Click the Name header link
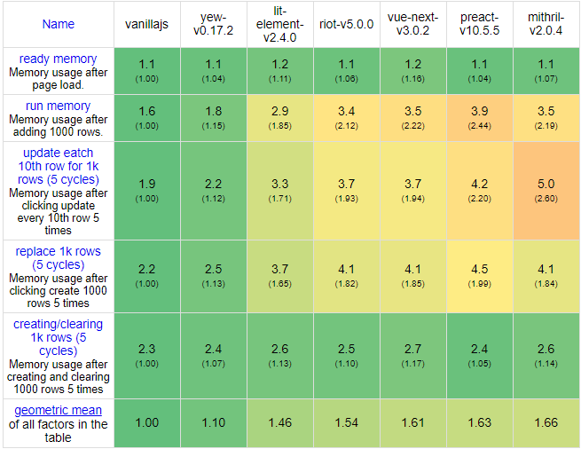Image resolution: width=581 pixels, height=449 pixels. tap(59, 24)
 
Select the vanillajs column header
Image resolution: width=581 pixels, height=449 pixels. tap(148, 24)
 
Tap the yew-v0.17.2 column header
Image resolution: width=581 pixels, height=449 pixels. tap(214, 24)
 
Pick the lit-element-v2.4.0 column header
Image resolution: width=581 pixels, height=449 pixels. tap(280, 24)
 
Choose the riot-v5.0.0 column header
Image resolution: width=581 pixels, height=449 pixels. tap(347, 24)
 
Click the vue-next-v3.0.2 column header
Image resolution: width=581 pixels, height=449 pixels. tap(413, 24)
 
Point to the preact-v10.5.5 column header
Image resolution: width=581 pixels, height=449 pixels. tap(480, 24)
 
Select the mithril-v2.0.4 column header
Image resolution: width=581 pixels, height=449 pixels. tap(546, 24)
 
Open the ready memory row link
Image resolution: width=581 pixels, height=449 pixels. tap(59, 59)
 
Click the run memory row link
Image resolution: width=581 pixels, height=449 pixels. tap(59, 106)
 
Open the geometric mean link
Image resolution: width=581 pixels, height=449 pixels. tap(59, 410)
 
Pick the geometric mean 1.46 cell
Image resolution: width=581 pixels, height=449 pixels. tap(280, 423)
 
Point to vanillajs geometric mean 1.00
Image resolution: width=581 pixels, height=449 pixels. tap(148, 423)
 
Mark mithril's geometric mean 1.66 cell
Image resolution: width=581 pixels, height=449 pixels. tap(546, 423)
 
